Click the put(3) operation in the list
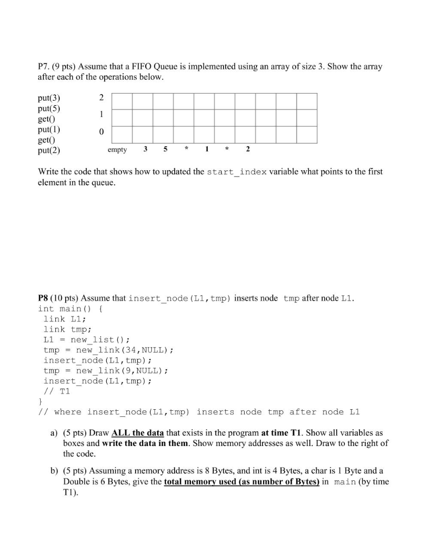tap(49, 99)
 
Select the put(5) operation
tap(49, 109)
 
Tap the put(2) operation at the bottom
tap(49, 151)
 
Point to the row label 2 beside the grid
tap(101, 98)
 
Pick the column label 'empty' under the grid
tap(118, 150)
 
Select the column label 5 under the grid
tap(165, 150)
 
